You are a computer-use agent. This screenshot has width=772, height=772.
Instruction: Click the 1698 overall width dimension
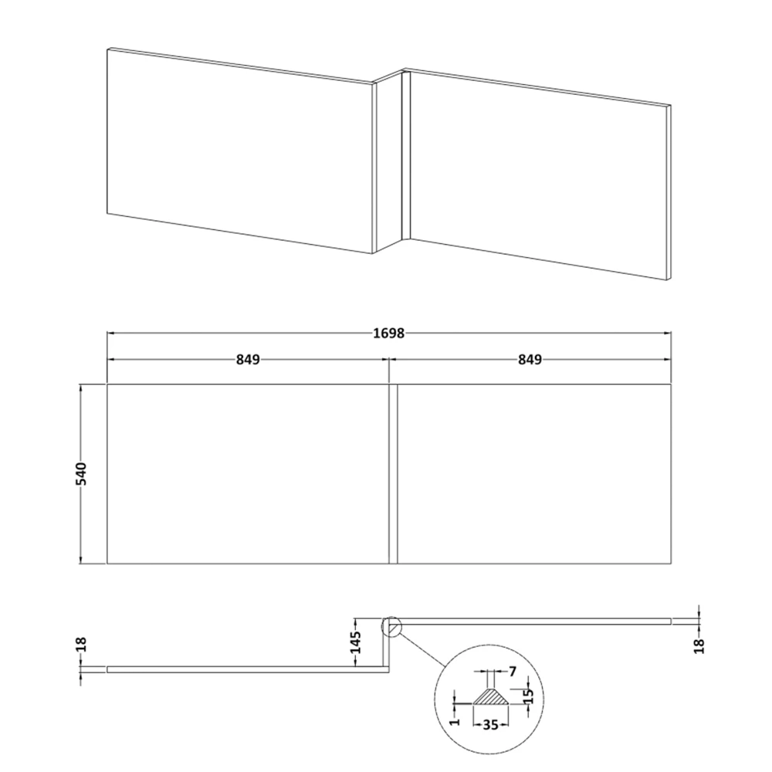point(388,333)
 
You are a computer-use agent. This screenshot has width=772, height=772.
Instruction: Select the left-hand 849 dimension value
point(247,360)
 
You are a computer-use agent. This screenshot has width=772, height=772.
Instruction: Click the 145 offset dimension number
point(355,642)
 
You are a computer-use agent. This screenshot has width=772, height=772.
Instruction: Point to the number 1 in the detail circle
point(455,719)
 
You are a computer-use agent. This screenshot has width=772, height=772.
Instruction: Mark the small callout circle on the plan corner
point(391,626)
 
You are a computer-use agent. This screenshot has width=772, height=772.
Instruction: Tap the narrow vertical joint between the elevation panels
point(392,473)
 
